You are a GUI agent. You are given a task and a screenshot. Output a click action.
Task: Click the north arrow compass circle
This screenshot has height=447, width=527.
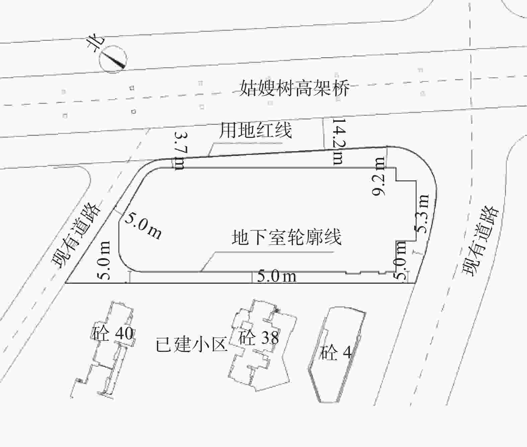113,59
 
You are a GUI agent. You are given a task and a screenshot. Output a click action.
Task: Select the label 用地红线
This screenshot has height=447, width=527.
255,130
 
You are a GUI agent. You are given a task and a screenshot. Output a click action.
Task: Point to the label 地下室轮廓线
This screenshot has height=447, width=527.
287,237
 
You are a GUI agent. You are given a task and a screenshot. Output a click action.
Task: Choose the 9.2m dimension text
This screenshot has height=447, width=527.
379,176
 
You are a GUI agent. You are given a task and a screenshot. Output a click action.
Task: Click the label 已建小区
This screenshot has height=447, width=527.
192,344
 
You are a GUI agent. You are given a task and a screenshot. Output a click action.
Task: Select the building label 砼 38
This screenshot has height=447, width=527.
258,338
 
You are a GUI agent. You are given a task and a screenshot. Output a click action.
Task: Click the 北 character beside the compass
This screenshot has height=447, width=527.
95,44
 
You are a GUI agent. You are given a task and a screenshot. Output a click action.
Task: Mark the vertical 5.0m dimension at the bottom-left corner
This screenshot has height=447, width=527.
104,260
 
